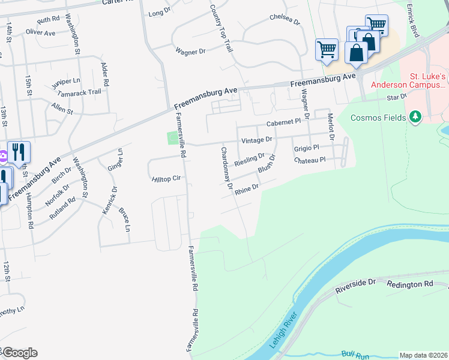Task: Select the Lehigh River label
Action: [284, 330]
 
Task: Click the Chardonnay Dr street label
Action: [226, 168]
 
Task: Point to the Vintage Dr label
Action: [256, 140]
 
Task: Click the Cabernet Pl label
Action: [283, 122]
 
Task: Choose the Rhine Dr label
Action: [247, 190]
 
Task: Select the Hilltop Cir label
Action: [167, 179]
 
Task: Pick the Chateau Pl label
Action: [309, 160]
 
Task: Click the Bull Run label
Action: [355, 355]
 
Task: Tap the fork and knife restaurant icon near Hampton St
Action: [19, 153]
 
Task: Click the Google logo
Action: [19, 353]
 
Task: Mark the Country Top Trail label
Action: [221, 28]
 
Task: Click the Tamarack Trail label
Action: [79, 93]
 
